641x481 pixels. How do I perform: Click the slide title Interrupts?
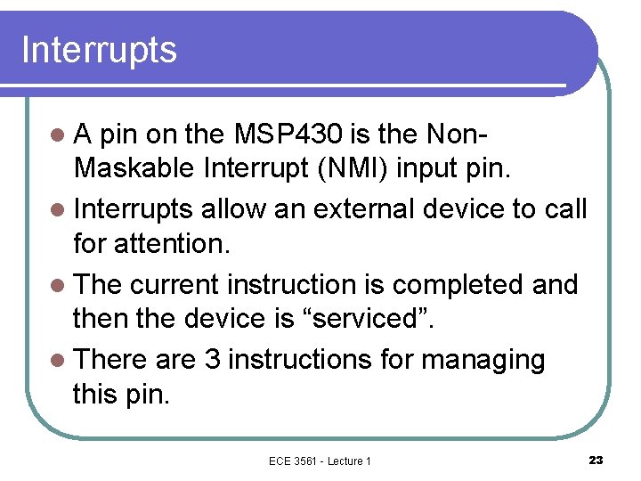(99, 51)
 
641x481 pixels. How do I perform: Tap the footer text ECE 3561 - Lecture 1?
(320, 461)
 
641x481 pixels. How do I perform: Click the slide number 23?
(596, 460)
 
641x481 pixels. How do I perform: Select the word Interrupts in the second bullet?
(134, 209)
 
